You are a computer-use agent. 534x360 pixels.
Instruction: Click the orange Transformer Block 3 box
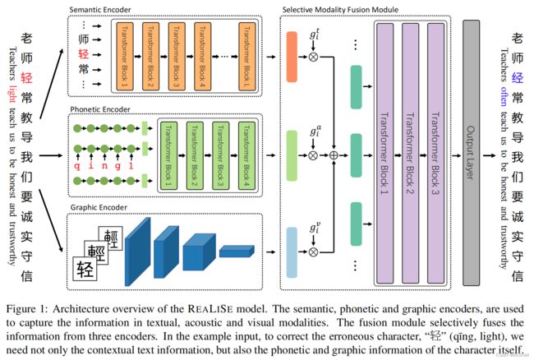coord(177,57)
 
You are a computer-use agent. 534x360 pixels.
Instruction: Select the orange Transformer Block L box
coord(247,57)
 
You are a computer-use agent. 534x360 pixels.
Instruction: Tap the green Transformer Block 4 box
coord(247,155)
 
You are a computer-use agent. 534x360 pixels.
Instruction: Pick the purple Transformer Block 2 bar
coord(411,153)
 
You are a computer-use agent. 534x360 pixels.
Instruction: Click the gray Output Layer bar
coord(471,153)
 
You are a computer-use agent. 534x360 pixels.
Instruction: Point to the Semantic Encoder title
coord(99,10)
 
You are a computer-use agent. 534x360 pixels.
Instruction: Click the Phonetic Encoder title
coord(100,109)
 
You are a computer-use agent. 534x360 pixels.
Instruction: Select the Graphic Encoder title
coord(99,207)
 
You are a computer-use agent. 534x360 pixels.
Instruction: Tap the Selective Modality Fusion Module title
coord(340,10)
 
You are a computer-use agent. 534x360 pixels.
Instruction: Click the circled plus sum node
coord(334,155)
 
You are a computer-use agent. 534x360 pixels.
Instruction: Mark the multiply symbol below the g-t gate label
coord(313,57)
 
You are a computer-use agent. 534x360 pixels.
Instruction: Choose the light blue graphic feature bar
coord(292,252)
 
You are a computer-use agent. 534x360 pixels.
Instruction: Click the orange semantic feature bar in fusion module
coord(292,57)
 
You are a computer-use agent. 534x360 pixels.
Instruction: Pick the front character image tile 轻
coord(85,269)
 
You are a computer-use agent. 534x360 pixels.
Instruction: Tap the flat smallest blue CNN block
coord(237,251)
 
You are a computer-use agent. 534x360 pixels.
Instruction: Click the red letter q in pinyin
coord(78,166)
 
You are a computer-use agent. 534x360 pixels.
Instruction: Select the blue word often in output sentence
coord(504,96)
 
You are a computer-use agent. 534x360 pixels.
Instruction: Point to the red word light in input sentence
coord(12,94)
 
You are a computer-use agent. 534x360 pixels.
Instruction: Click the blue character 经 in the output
coord(518,78)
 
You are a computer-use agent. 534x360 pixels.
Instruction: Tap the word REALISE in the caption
coord(210,309)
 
